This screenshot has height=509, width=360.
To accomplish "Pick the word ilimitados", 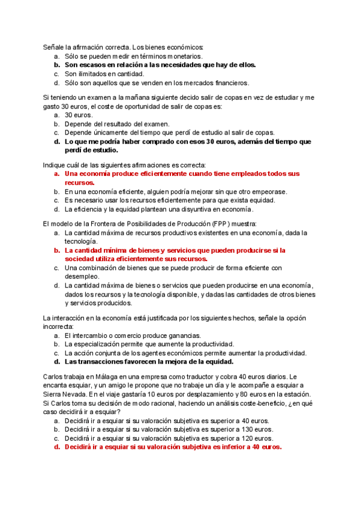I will coord(91,74).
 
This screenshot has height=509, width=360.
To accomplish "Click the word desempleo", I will coord(83,277).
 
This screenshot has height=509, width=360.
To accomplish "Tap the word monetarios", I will coord(179,56).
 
